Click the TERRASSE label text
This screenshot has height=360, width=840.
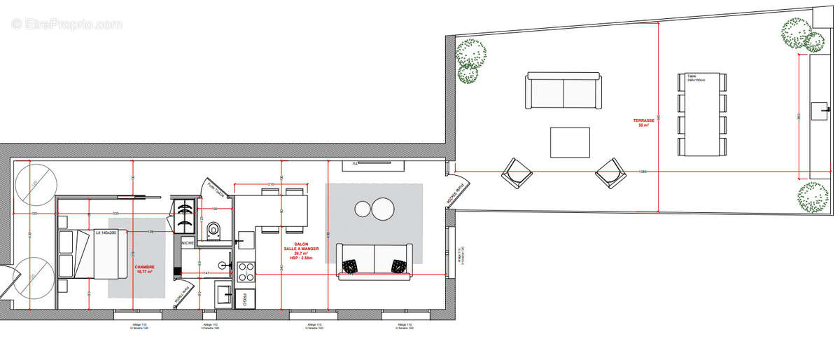point(645,122)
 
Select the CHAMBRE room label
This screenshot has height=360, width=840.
point(145,270)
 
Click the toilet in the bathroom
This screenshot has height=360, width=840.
point(215,229)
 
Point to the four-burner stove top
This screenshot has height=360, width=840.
point(246,271)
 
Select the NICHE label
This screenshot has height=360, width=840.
point(188,242)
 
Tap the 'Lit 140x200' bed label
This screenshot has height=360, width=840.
point(106,231)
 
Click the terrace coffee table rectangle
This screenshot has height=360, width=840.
point(570,142)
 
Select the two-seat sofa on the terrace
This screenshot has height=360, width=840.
point(563,91)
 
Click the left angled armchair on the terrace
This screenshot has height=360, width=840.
point(517,172)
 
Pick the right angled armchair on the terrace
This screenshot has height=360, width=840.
point(610,172)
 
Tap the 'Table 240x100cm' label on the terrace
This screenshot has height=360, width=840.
point(696,78)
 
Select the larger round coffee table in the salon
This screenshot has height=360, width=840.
point(384,209)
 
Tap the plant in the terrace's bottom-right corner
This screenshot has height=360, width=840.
point(813,198)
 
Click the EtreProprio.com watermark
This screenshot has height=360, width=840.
point(66,24)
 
